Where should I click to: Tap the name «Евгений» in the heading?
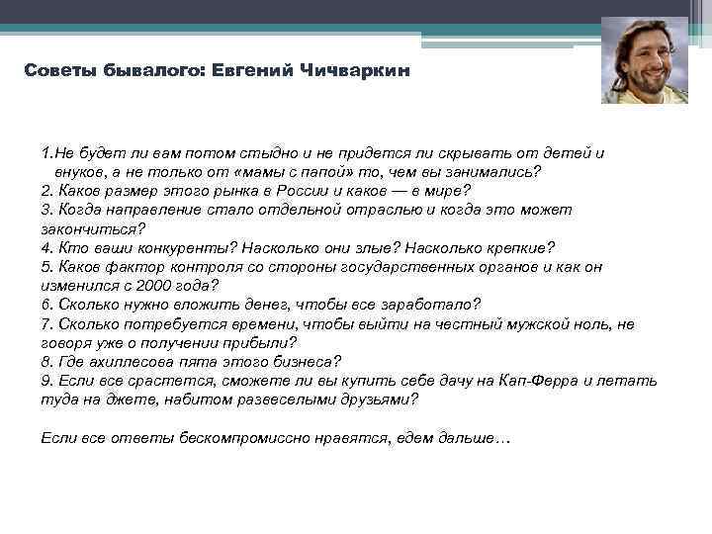point(256,72)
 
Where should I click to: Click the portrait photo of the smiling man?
point(645,61)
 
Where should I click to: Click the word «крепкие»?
point(515,247)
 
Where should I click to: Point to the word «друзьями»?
point(379,400)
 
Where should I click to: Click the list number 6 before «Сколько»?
point(46,305)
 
